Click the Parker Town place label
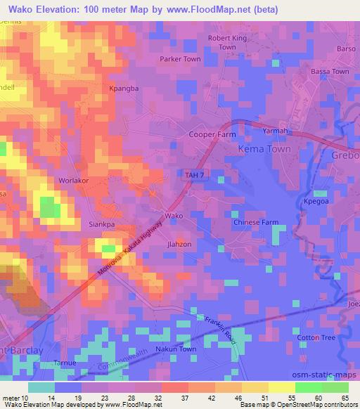[181, 60]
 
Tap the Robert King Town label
[227, 42]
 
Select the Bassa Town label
[331, 72]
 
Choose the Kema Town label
[264, 150]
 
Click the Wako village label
[174, 216]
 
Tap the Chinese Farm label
[256, 223]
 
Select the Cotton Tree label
[317, 337]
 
